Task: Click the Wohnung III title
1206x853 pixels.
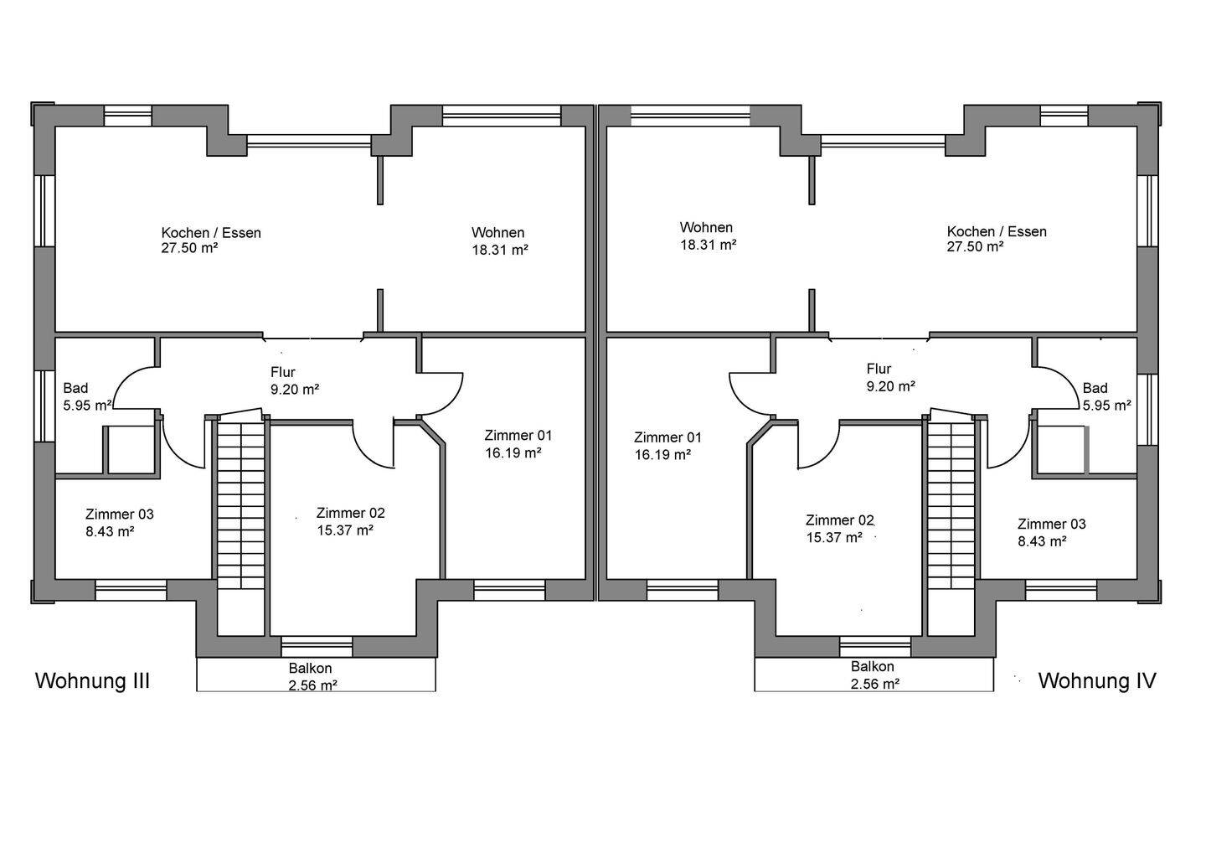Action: point(93,681)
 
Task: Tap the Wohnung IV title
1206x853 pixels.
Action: point(1097,681)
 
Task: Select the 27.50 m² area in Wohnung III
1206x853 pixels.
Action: point(189,248)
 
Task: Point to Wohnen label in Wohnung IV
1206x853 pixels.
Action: point(706,227)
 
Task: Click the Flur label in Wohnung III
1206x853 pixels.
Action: point(283,372)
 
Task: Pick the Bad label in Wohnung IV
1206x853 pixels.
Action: point(1095,388)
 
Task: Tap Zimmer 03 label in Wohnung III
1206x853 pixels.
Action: point(120,514)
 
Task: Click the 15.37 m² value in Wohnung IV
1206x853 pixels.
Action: point(834,537)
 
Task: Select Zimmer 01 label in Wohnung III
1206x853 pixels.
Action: point(518,435)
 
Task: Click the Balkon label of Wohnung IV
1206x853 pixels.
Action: point(872,667)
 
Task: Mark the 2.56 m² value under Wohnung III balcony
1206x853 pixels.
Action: point(313,685)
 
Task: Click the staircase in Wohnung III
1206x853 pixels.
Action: point(240,504)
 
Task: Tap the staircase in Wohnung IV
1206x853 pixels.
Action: point(951,504)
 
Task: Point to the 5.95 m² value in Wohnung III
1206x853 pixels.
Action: point(87,406)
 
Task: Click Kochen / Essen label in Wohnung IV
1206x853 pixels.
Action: point(997,231)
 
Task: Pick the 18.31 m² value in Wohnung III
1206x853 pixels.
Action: point(500,250)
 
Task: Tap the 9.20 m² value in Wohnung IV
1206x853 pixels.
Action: point(891,386)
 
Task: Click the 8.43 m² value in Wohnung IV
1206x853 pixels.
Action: point(1042,541)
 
